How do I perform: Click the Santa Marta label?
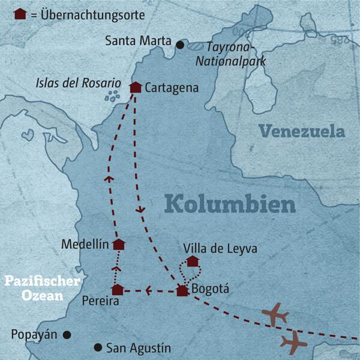tap(137, 42)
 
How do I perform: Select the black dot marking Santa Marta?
tap(179, 44)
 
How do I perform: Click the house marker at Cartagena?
tap(136, 88)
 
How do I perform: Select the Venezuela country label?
tap(301, 131)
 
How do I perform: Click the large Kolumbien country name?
tap(230, 204)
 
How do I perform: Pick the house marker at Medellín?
tap(119, 244)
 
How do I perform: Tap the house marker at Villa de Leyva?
tap(193, 260)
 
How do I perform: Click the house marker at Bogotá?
tap(182, 291)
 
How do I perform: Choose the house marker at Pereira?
tap(118, 290)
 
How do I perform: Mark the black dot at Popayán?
tap(67, 335)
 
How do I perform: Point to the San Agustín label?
tap(138, 348)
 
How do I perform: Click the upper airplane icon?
tap(275, 314)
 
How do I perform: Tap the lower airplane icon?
tap(293, 343)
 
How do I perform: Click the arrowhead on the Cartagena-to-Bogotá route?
tap(141, 209)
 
